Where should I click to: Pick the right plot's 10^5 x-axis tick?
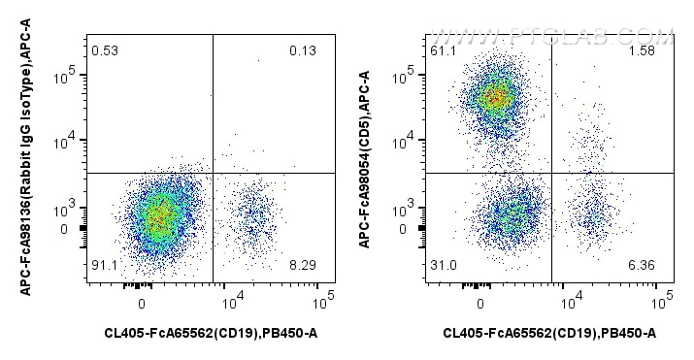click(x=662, y=302)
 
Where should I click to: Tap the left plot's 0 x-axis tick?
click(x=142, y=302)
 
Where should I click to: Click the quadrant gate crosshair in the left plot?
click(x=213, y=173)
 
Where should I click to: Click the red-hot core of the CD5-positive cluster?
click(x=495, y=97)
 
